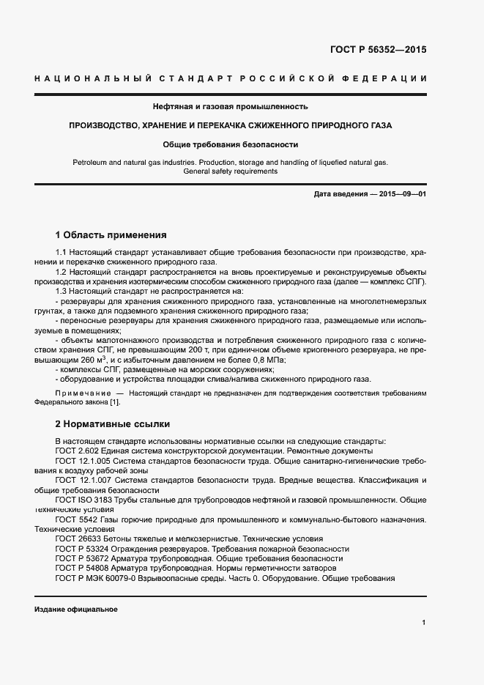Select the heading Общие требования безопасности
pos(230,144)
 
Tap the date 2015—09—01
pos(400,193)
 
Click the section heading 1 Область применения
pos(111,235)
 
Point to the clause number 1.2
pos(62,273)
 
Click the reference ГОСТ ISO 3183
pos(84,500)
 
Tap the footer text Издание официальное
pos(75,610)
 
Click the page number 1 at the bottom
pos(423,623)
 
